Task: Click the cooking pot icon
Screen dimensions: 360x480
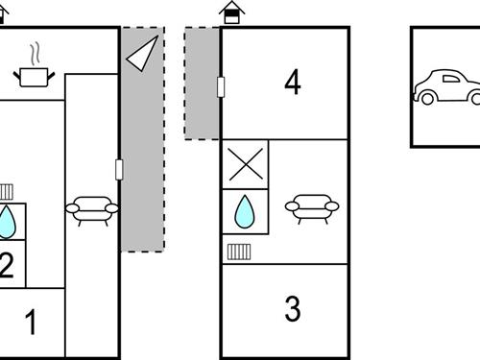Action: (35, 76)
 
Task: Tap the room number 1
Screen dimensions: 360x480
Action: (31, 323)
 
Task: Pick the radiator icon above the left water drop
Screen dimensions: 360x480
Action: (6, 191)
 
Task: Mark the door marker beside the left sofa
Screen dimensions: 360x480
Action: (119, 170)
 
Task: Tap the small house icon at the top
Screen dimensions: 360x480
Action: (230, 12)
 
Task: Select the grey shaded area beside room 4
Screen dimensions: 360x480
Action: (202, 83)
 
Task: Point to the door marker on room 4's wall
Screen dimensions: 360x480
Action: (222, 87)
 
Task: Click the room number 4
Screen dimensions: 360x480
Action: (292, 84)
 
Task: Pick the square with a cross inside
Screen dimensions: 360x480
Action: (245, 163)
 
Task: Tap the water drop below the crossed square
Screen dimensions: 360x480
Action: (245, 211)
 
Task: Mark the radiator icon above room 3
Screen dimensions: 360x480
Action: (239, 252)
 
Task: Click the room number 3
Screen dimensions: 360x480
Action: (292, 309)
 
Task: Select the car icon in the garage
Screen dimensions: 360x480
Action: (448, 87)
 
